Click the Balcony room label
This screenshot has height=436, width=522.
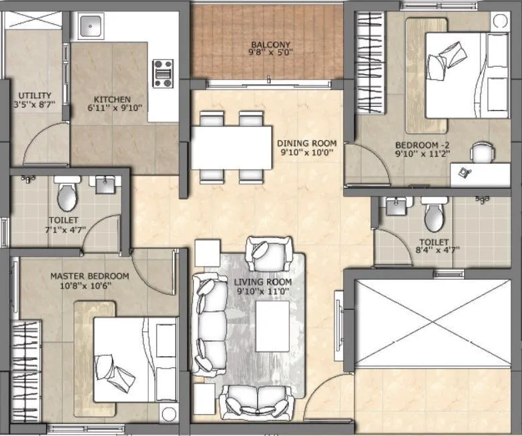270,45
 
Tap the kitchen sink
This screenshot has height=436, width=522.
89,27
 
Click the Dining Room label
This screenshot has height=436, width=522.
306,143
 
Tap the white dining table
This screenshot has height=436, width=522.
231,148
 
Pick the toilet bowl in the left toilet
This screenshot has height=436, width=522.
67,195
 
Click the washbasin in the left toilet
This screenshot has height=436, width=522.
105,185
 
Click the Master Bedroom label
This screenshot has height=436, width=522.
89,276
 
